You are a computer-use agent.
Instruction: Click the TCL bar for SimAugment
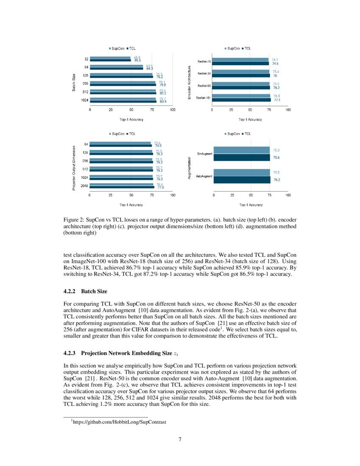241,158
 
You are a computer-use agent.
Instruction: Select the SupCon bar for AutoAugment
241,172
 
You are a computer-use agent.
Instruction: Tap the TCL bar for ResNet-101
241,100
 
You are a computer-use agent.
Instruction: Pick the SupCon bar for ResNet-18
240,60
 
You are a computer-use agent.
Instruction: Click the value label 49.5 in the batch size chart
138,61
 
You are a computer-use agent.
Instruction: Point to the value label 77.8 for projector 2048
160,187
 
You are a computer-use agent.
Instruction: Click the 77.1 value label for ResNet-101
277,100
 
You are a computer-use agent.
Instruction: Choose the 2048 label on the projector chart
85,186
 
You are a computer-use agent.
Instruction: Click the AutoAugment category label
204,176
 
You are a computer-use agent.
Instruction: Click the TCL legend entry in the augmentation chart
246,134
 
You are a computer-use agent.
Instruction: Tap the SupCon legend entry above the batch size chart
117,49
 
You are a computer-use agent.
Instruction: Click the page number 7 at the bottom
180,439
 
